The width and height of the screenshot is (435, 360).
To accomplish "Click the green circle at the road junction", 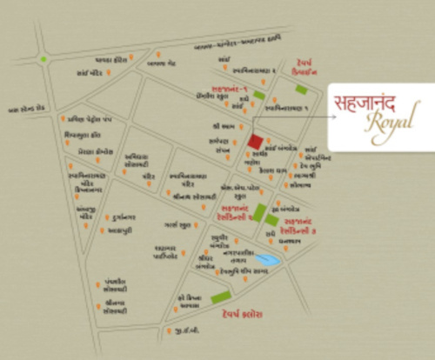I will tap(43, 59).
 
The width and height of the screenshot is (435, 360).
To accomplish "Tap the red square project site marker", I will tap(255, 142).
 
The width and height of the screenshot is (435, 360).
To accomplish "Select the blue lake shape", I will tap(270, 259).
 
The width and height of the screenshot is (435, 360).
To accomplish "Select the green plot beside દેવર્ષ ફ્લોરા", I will tap(220, 299).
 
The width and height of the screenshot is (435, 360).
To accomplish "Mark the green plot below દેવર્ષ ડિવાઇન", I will tap(301, 89).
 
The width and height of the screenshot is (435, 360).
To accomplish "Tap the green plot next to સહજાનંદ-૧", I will tap(259, 96).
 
